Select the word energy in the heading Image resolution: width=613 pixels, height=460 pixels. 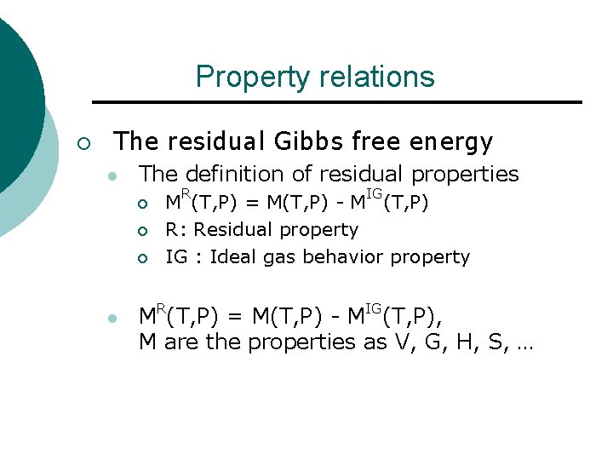(x=450, y=141)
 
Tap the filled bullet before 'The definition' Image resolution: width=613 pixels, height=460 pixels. (x=111, y=176)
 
